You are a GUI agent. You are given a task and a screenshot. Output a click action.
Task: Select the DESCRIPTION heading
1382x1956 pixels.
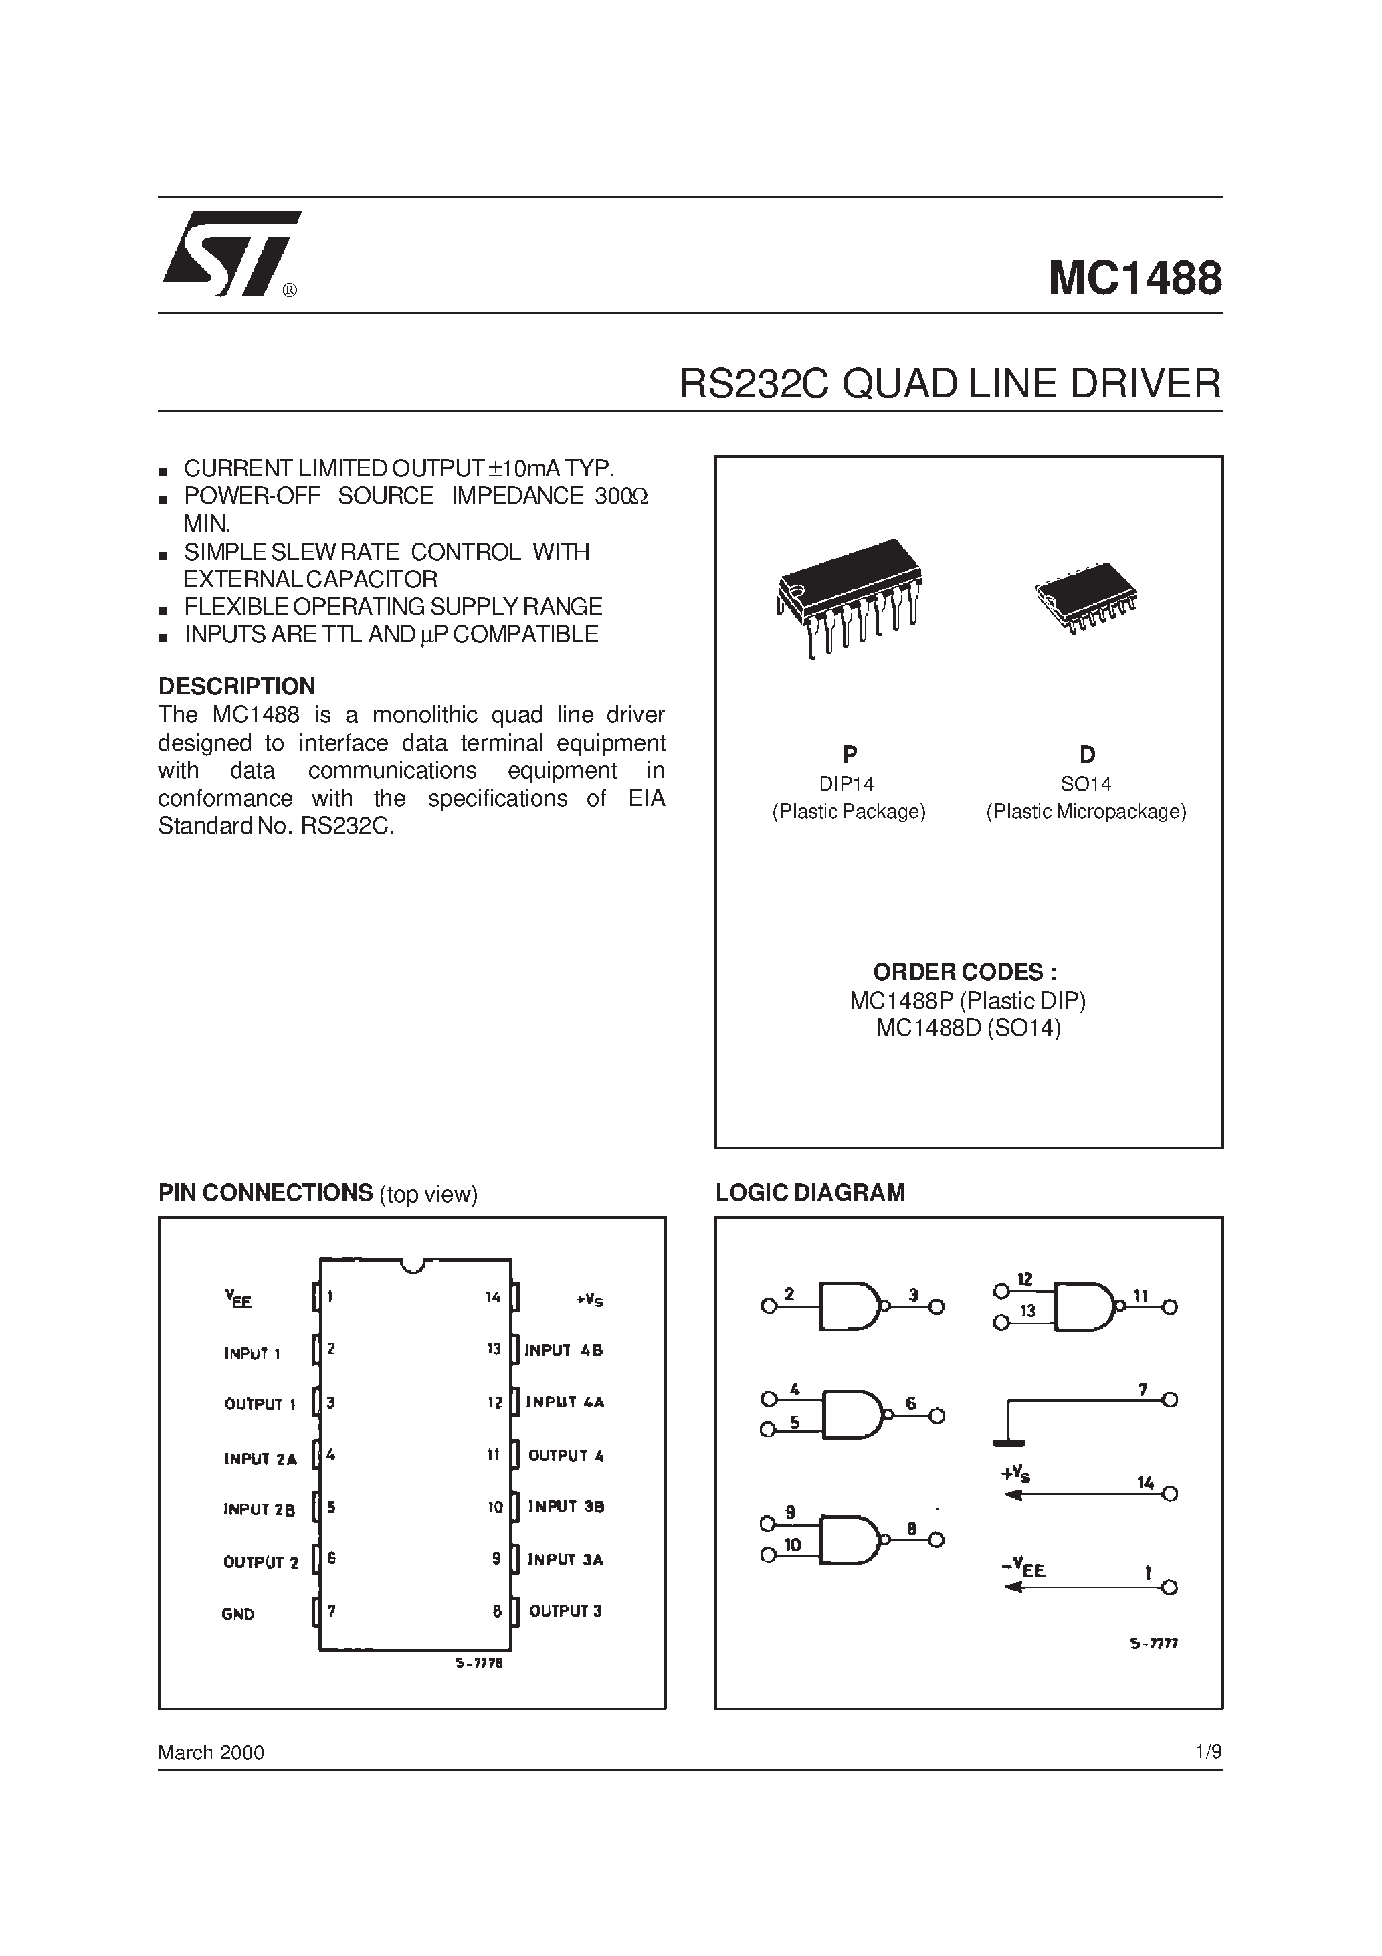coord(237,686)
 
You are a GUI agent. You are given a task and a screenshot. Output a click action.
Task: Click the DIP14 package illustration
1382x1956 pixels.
coord(848,596)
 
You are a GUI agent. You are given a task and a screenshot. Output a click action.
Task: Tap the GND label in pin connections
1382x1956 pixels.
coord(237,1613)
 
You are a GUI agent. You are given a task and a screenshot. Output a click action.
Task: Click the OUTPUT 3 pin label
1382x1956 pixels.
coord(565,1611)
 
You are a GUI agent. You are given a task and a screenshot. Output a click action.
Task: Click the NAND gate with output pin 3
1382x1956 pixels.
coord(850,1306)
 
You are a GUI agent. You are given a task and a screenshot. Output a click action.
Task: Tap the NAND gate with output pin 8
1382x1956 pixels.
coord(850,1539)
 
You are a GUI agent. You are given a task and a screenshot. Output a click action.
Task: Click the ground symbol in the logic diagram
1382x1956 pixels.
coord(1009,1442)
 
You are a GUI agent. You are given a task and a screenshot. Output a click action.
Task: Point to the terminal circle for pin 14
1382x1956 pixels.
coord(1170,1493)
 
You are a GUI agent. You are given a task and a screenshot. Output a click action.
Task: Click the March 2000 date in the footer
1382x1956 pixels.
coord(211,1753)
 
